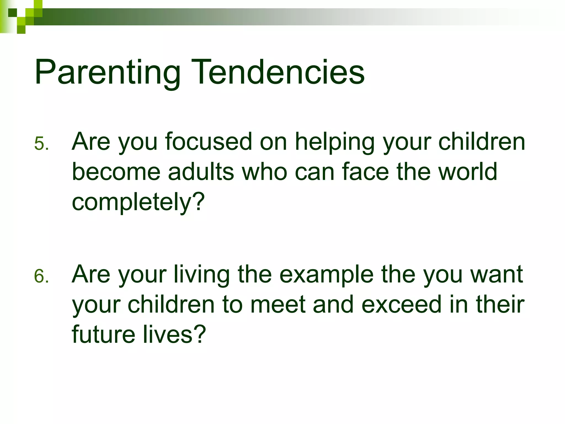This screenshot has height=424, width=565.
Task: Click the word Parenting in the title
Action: point(108,72)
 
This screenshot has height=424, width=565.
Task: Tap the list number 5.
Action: point(41,144)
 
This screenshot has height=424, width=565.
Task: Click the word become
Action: point(116,172)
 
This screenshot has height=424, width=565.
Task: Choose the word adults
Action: point(201,172)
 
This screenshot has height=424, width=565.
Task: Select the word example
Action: point(326,275)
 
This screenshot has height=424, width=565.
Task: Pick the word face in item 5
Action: point(366,172)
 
